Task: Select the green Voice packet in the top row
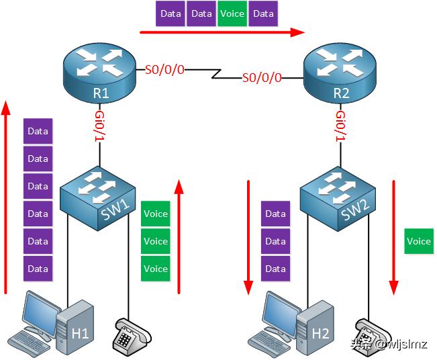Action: (x=232, y=13)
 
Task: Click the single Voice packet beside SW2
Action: (x=419, y=241)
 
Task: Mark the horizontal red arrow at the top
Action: (x=222, y=32)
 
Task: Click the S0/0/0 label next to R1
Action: (x=164, y=69)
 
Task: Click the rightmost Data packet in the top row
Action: (x=263, y=13)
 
